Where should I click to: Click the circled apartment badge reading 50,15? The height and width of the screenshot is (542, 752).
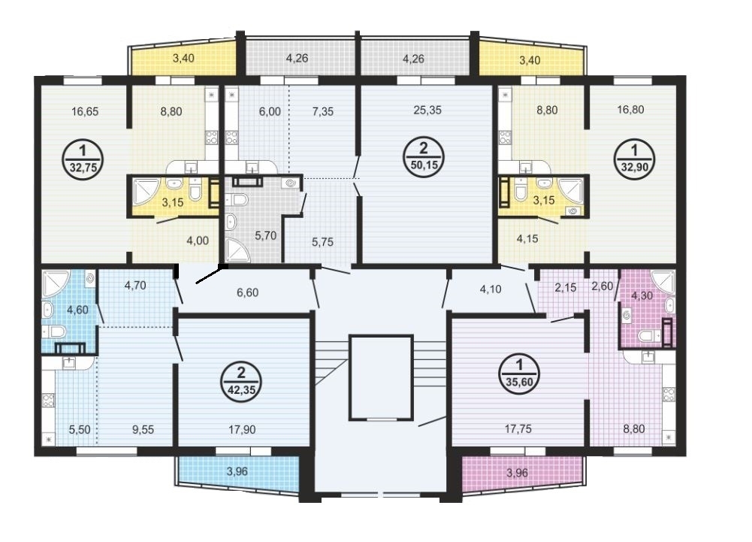[424, 157]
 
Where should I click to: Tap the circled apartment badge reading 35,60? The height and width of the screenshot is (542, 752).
[519, 374]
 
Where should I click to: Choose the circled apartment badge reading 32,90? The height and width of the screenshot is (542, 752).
[635, 159]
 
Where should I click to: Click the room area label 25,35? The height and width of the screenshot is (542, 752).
[427, 110]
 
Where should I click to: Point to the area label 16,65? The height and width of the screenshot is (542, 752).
[85, 112]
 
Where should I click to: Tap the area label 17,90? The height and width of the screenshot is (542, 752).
[242, 429]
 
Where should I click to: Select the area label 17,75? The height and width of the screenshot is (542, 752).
[518, 428]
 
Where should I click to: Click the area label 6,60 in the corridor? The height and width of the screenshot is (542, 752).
[247, 292]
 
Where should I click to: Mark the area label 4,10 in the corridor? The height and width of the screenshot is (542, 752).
[491, 289]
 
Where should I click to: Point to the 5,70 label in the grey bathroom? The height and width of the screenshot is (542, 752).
[265, 235]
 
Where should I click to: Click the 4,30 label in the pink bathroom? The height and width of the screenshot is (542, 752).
[642, 295]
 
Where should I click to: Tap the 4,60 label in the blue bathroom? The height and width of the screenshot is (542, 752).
[77, 310]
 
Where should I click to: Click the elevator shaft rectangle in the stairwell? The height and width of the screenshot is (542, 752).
[382, 377]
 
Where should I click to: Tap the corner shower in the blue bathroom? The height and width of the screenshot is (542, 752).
[56, 283]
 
